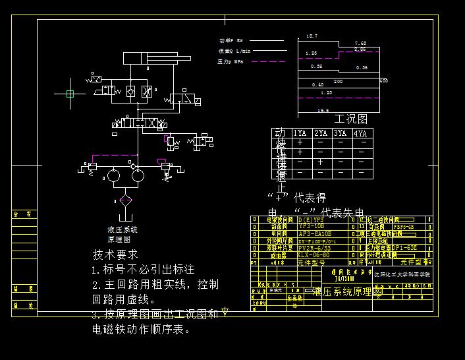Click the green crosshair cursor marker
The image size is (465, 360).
coord(70,94)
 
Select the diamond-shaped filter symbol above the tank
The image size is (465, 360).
coord(126,200)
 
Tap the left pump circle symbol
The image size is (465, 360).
coord(113,175)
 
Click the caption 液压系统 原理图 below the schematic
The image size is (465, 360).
coord(122,235)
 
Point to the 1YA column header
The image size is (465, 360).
coord(300,134)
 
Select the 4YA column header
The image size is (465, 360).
coord(360,134)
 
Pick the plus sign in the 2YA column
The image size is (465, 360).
coord(320,162)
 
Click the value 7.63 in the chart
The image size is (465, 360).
coord(360,43)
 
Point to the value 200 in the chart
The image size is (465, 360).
coord(338,81)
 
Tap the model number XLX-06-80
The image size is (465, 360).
coord(313,255)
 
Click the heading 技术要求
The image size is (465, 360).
coord(115,255)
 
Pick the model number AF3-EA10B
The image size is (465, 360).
coord(315,233)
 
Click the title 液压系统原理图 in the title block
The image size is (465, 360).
coord(349,291)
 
